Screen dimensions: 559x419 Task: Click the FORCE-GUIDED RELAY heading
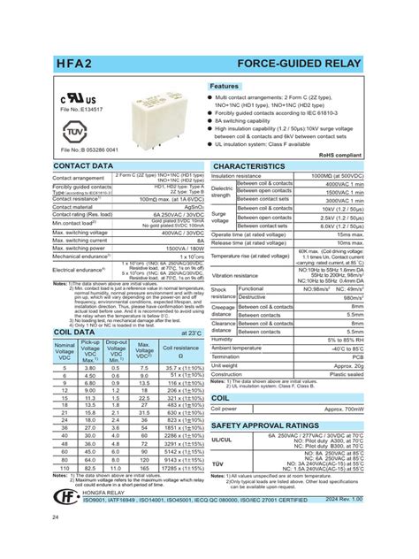tap(301, 65)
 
